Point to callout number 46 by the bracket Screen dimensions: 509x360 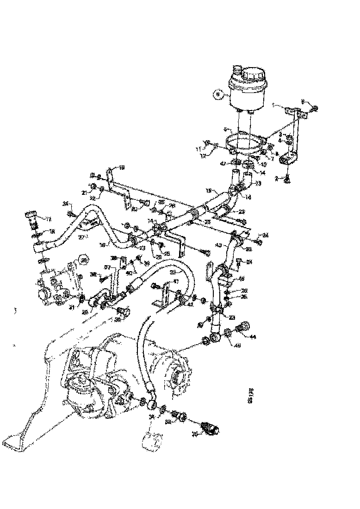point(241,279)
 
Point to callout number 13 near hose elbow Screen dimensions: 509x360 point(258,183)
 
